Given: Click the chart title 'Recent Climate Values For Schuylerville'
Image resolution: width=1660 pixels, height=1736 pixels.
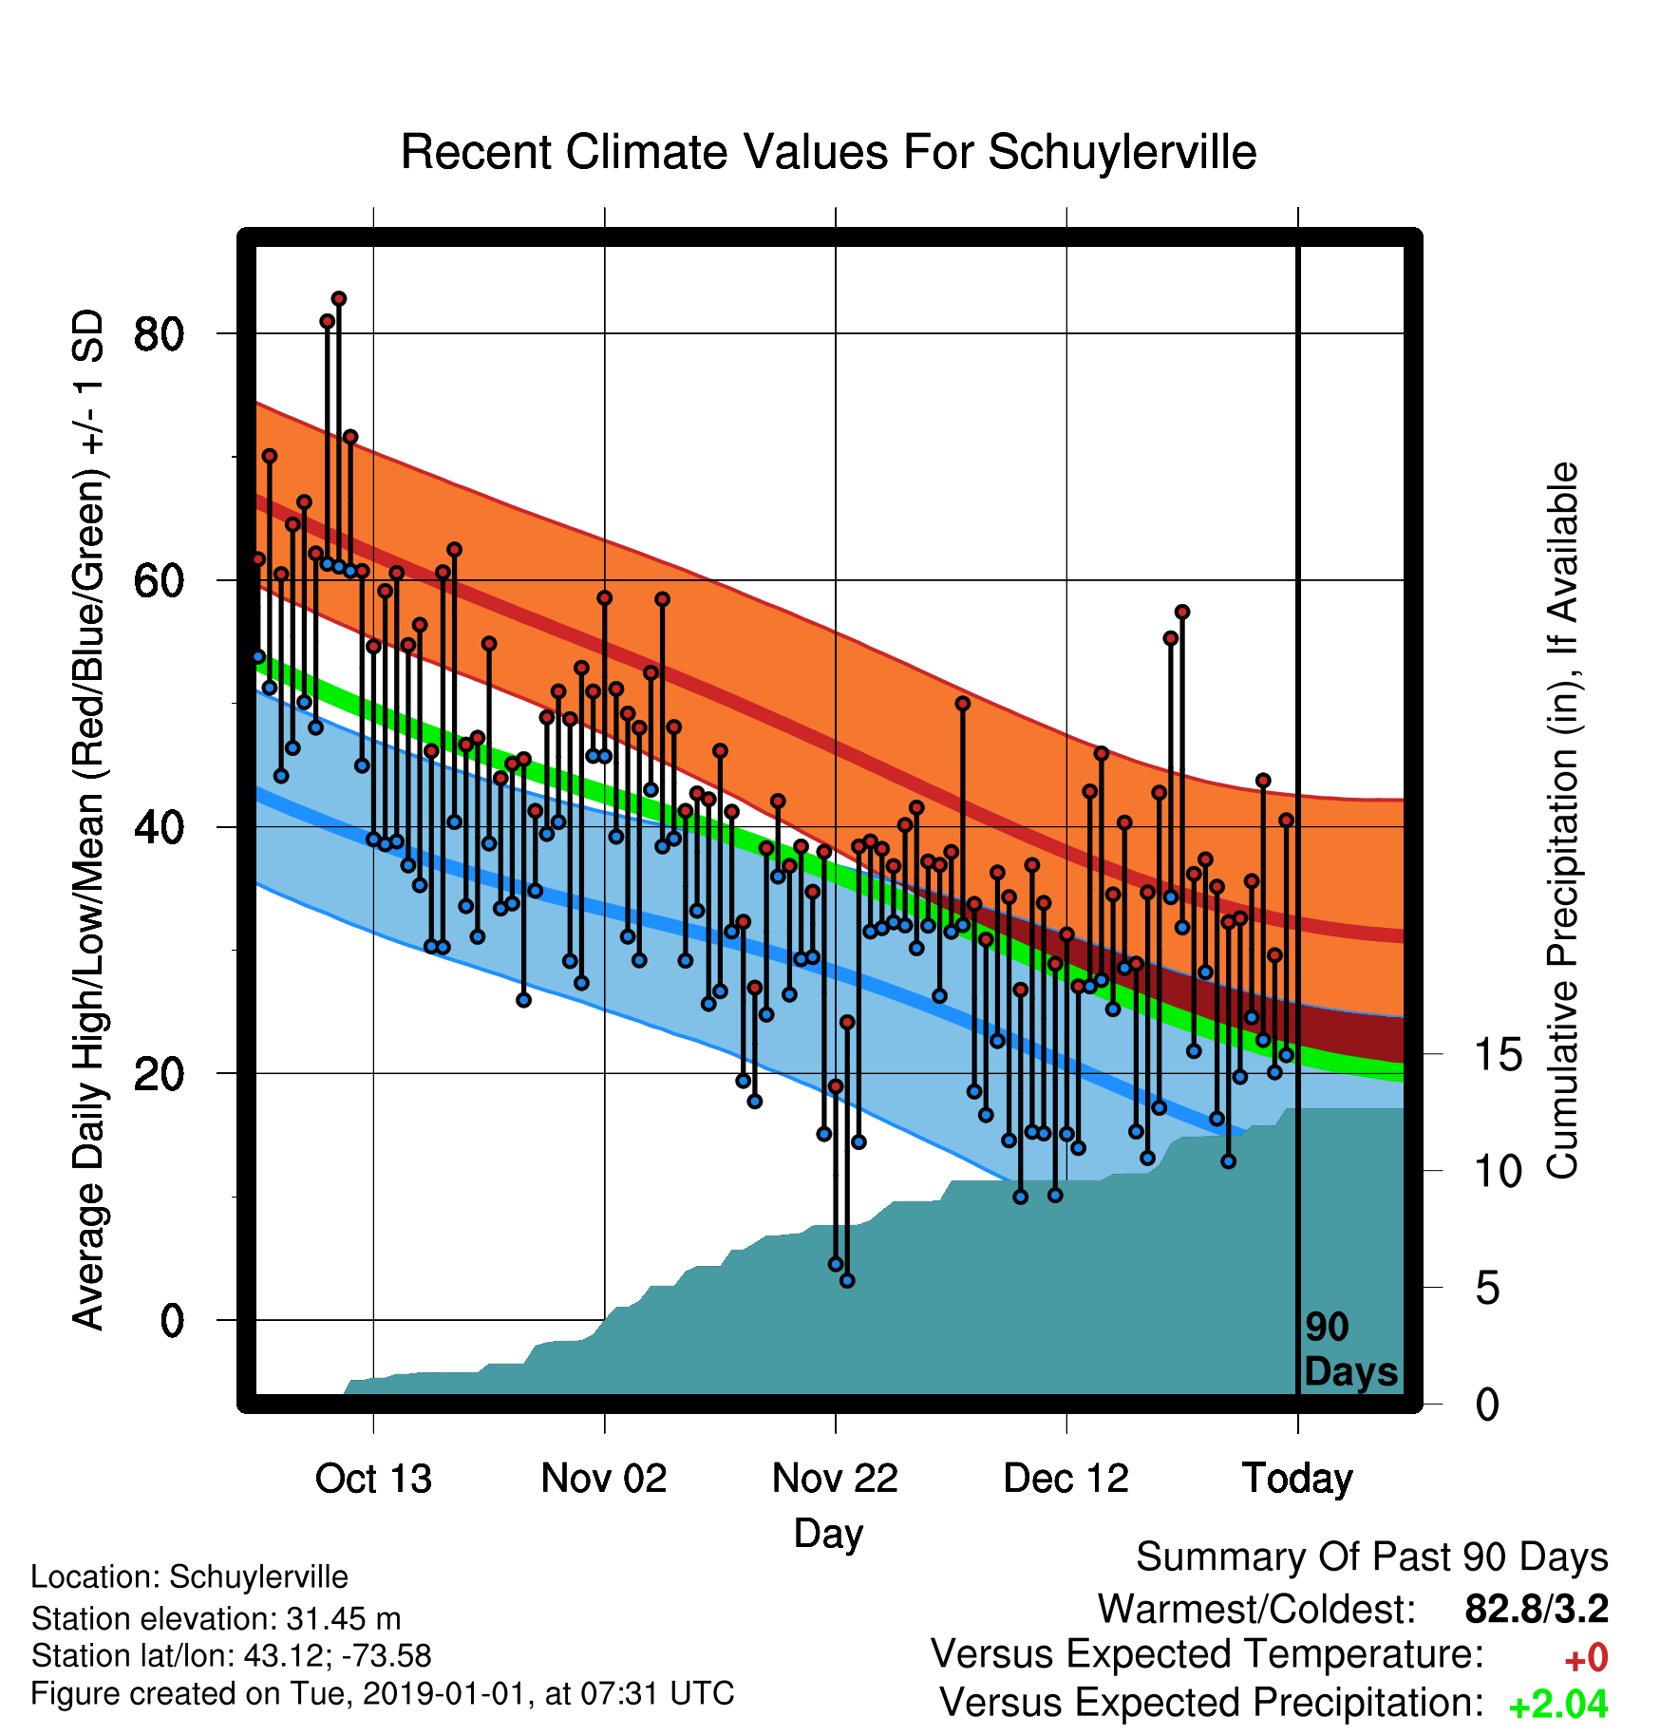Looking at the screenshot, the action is [x=828, y=152].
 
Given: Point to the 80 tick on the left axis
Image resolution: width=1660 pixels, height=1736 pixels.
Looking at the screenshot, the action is [x=159, y=334].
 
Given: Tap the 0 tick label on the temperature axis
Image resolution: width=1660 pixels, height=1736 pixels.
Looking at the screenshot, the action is [x=172, y=1320].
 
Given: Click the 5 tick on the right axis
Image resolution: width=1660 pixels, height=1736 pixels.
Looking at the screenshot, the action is [x=1487, y=1289].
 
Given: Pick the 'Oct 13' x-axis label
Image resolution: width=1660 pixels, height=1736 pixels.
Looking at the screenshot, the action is [x=373, y=1479].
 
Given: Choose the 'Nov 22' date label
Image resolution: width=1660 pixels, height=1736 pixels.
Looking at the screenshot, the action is [x=835, y=1479].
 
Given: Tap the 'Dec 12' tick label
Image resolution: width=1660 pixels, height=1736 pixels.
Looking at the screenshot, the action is [x=1066, y=1479].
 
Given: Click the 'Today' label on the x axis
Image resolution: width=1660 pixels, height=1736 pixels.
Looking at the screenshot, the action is [x=1298, y=1480].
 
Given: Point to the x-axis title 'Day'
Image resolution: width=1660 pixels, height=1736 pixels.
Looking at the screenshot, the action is [x=828, y=1534].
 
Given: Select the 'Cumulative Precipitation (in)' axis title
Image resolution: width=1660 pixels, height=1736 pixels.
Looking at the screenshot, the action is [x=1562, y=821].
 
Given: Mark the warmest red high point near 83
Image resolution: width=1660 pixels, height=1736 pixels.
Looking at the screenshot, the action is [x=339, y=299].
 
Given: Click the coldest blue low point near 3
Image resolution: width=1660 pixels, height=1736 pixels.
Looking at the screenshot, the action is [x=848, y=1281].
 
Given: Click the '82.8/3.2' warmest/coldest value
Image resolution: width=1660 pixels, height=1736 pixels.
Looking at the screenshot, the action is [x=1537, y=1610].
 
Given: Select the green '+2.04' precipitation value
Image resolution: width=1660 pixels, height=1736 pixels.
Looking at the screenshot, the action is [x=1558, y=1705].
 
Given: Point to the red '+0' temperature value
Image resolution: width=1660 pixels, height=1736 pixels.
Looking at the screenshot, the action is [x=1586, y=1658].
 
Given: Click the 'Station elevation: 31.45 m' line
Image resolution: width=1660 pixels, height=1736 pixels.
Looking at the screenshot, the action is [x=216, y=1618].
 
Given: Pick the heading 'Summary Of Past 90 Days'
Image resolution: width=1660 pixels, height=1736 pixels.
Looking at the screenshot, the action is [x=1372, y=1557].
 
